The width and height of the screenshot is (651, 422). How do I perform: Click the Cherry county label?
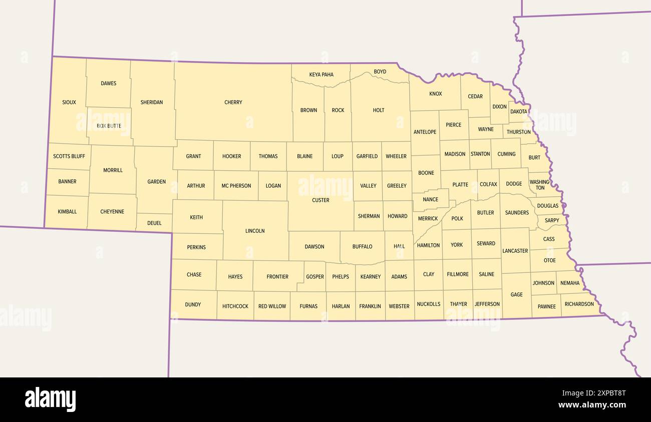(x=233, y=102)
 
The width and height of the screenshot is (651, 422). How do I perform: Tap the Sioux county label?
(x=69, y=102)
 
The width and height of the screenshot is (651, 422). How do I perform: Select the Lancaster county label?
(x=515, y=250)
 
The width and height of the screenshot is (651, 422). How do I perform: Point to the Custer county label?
(x=320, y=200)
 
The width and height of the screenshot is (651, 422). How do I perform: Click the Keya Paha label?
(x=321, y=75)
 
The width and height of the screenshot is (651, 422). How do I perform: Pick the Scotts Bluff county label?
(x=69, y=156)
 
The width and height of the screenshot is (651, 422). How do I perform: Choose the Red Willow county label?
(x=272, y=306)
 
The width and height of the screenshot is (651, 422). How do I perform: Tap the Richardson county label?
(x=579, y=304)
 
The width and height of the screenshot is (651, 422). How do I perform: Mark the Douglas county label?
(x=547, y=206)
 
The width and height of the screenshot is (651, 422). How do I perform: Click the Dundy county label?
(x=193, y=304)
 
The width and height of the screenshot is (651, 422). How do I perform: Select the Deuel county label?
(x=154, y=223)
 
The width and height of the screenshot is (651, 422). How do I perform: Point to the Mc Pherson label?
(x=236, y=186)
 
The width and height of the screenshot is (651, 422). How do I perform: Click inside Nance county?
(x=430, y=199)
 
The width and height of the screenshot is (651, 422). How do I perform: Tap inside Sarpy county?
(x=552, y=220)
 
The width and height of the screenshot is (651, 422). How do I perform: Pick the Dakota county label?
(x=519, y=112)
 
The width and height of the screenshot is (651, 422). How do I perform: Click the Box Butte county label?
(x=109, y=126)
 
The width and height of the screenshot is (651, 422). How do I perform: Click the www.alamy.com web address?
(x=592, y=405)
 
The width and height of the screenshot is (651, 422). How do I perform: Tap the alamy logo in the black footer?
(x=50, y=399)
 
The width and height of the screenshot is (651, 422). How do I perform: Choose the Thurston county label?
(x=518, y=132)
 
